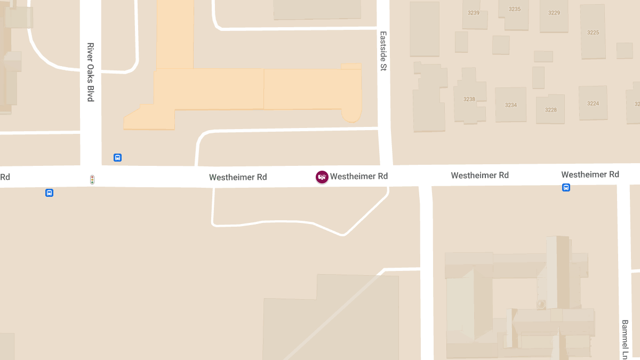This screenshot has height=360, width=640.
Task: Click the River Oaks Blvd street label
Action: click(x=90, y=72)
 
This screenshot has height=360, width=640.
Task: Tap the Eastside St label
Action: click(x=383, y=51)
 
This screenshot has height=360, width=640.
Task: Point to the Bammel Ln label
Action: click(x=625, y=339)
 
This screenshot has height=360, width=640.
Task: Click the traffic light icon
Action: click(x=92, y=180)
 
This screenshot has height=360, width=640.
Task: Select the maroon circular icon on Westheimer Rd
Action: click(x=322, y=177)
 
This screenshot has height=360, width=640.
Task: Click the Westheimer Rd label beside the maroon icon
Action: click(x=359, y=176)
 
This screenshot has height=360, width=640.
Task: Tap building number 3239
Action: click(x=474, y=13)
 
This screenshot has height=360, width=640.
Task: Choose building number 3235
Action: click(x=515, y=9)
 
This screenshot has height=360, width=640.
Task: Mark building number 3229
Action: click(x=554, y=13)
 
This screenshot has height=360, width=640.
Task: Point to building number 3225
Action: click(x=593, y=33)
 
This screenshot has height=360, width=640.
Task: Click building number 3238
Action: click(x=469, y=99)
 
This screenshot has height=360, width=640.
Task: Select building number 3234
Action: click(x=511, y=105)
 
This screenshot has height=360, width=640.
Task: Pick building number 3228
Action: click(x=551, y=110)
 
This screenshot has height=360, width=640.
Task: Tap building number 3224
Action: click(x=593, y=103)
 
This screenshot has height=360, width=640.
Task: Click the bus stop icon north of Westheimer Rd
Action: click(x=117, y=157)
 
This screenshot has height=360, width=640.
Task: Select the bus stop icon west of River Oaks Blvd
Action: click(x=49, y=193)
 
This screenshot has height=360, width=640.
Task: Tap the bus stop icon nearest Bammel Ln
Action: click(x=566, y=187)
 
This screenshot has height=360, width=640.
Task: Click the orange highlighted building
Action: click(x=256, y=88)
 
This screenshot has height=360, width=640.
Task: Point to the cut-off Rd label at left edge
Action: click(x=5, y=177)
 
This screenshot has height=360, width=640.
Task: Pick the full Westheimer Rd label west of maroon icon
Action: click(x=238, y=177)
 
